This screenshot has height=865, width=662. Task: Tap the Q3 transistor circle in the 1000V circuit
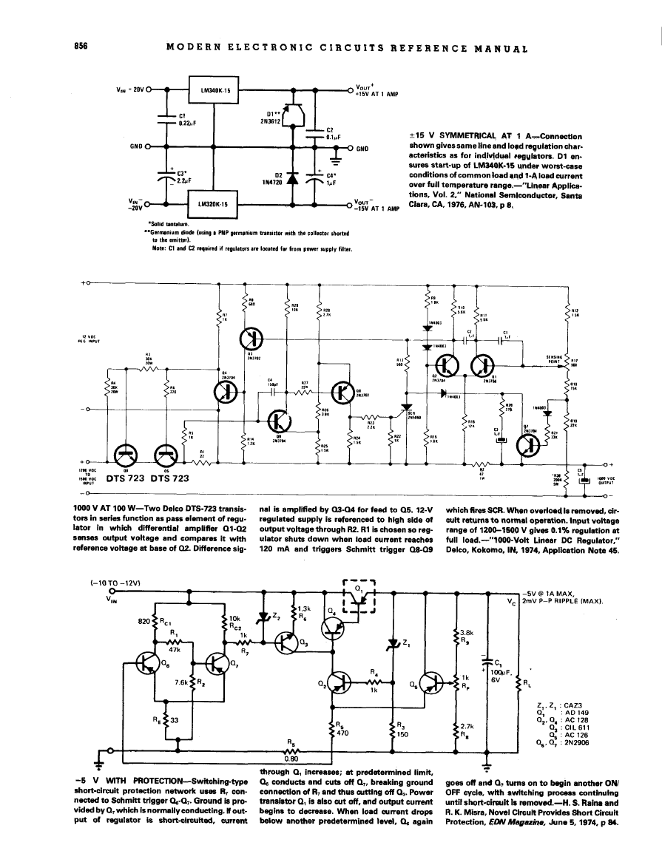click(253, 338)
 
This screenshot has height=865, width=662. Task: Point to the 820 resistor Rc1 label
click(152, 623)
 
